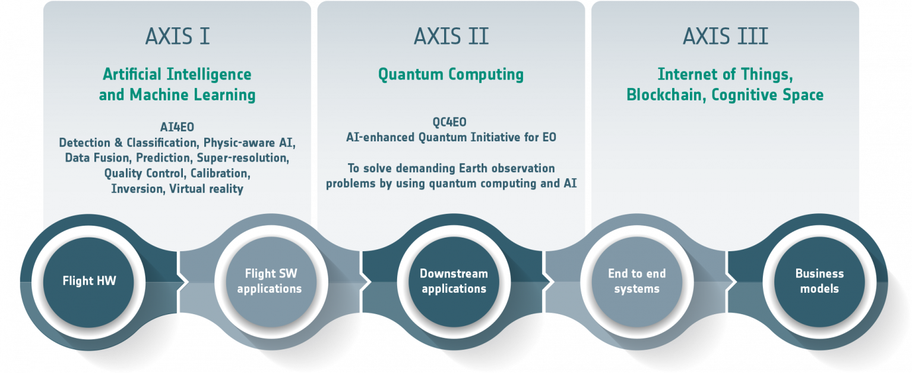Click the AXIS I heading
point(178,36)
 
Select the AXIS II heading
point(451,36)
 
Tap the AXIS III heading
point(726,36)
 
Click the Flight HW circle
point(88,282)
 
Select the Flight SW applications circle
point(271,282)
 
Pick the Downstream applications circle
point(454,282)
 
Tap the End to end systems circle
point(636,282)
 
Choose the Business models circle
point(819,282)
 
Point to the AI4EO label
point(177,127)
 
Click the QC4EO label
point(449,122)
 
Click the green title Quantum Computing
point(451,75)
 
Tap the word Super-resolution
point(243,158)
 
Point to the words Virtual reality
point(206,189)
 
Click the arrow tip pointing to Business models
point(736,282)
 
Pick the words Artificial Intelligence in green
point(177,74)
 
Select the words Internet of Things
point(725,74)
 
